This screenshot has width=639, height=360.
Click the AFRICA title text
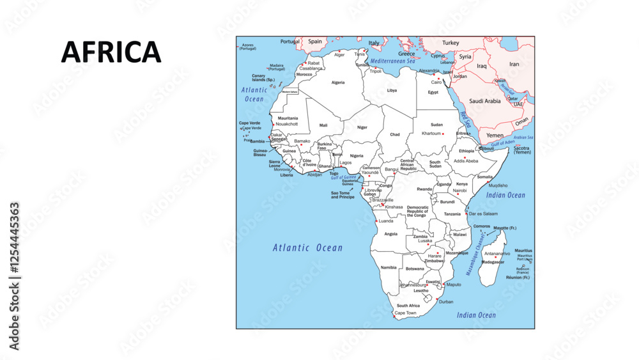point(111,52)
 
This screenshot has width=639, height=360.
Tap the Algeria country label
point(337,82)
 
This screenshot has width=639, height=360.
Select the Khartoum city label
point(431,134)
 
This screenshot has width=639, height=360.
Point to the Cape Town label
point(405,313)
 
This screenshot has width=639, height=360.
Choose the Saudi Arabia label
point(485,101)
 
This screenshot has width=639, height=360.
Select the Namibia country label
point(389,267)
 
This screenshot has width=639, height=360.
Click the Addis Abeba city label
point(466,161)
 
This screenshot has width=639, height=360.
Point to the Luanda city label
point(386,221)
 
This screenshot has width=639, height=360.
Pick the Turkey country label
point(450,43)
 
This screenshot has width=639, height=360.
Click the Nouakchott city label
point(286,124)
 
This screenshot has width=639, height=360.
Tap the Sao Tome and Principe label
point(343,195)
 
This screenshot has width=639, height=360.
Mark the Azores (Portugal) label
point(248,47)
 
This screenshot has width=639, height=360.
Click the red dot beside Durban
point(437,299)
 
